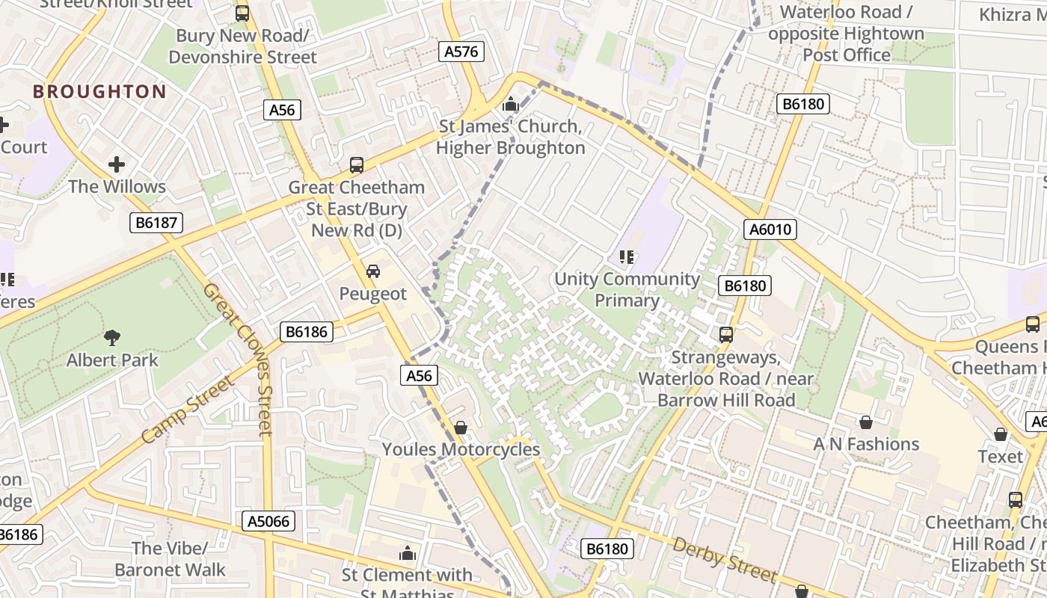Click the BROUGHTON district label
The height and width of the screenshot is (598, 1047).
[x=99, y=92]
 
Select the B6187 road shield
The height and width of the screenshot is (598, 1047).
[x=156, y=222]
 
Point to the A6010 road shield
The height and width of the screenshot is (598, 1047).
[x=770, y=229]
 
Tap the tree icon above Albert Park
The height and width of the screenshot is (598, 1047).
[x=112, y=338]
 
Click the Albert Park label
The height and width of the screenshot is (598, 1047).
[x=112, y=360]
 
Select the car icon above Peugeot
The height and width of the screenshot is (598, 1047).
[x=372, y=271]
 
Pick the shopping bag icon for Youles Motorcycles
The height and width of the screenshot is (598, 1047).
[x=461, y=428]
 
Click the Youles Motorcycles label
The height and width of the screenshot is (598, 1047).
[x=461, y=449]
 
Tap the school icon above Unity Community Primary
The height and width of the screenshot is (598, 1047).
[x=627, y=258]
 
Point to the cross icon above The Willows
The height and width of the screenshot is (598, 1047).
[x=117, y=164]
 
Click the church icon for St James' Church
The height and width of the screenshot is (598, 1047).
[x=511, y=105]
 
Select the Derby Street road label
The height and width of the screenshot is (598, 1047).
[x=724, y=559]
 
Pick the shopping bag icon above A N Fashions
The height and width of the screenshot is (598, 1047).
[x=866, y=422]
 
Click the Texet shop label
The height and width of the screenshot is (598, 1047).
[x=1001, y=456]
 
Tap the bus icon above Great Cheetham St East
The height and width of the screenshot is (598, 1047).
[x=357, y=164]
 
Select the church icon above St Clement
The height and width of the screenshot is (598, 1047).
[x=408, y=553]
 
